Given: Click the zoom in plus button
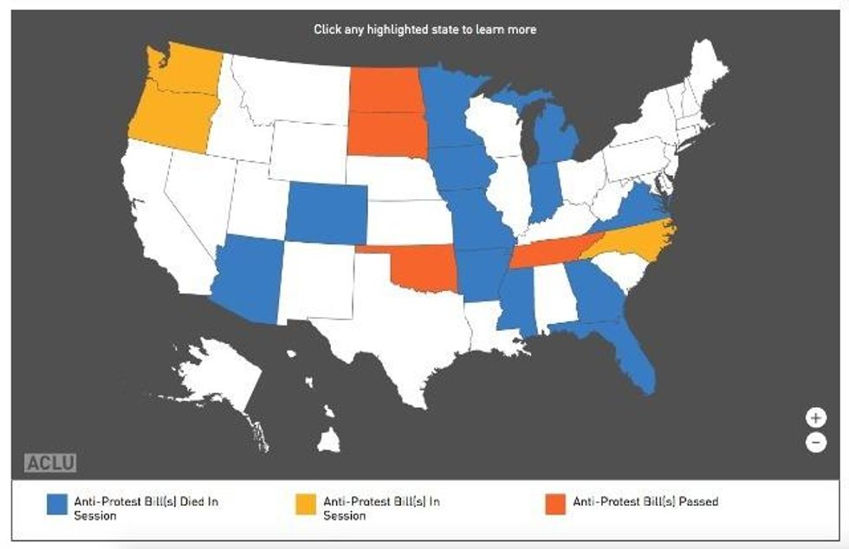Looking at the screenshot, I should coord(815,417).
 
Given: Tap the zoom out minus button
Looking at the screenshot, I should coord(815,442).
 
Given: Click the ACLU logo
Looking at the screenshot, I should coord(50,462).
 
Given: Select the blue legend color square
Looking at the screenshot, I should coord(57,504).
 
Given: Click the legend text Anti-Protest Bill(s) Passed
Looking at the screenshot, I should coord(645,501).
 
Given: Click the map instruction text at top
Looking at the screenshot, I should coord(424,29).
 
